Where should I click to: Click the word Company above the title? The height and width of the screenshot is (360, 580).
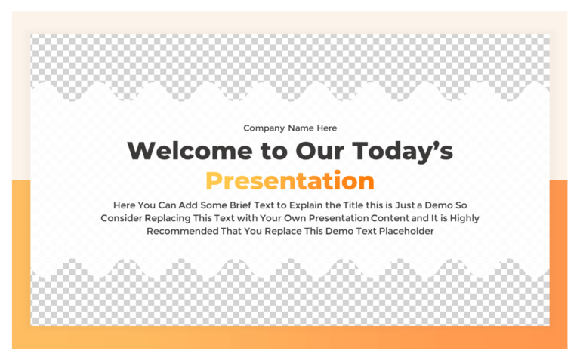264,128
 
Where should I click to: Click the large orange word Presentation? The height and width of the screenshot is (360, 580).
290,181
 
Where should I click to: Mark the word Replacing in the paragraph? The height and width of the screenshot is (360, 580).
171,218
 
